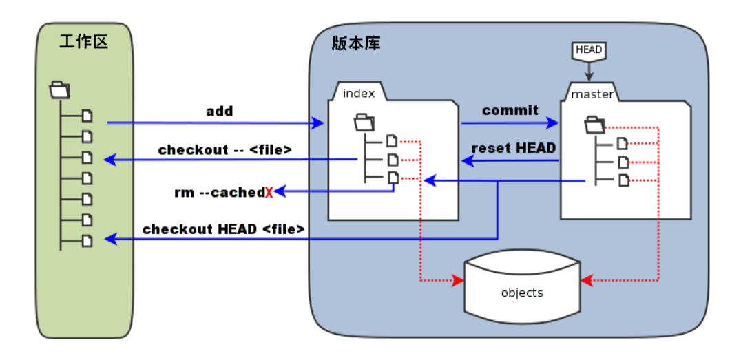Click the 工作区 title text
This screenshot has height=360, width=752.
(84, 42)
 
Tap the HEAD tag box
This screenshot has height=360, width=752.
(588, 50)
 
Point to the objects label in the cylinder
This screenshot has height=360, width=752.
(521, 293)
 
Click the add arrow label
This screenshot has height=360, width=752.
(219, 111)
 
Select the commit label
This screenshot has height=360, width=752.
(510, 110)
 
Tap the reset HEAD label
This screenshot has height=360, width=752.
(513, 148)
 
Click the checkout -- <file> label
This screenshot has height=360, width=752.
(225, 149)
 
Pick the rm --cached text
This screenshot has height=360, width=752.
(219, 192)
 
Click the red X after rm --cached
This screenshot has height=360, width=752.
(269, 193)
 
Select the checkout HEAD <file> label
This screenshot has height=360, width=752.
(224, 229)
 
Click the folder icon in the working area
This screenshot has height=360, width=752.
(61, 89)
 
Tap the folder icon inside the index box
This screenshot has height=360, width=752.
(364, 123)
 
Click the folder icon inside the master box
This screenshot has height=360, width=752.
(594, 125)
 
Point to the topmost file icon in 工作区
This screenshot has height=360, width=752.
(87, 116)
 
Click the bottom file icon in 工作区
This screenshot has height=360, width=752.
(87, 240)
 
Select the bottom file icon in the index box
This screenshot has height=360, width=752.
(392, 178)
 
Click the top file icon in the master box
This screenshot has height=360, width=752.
(623, 143)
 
